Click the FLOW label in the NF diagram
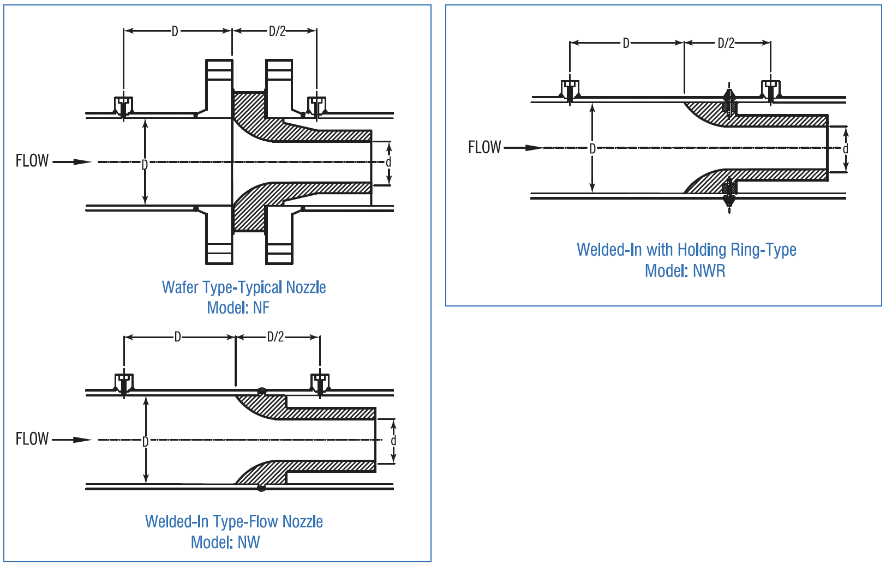(32, 161)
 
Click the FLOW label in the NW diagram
(32, 439)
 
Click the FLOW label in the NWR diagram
(484, 147)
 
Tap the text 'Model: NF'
(238, 308)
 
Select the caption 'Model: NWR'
(685, 271)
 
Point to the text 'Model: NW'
(225, 543)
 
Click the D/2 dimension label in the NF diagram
(277, 31)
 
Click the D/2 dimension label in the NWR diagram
(726, 43)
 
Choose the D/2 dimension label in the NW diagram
(276, 337)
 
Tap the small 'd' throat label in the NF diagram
(388, 163)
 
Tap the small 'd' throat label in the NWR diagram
(845, 149)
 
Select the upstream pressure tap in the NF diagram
(124, 106)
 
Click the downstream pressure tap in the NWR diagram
(770, 91)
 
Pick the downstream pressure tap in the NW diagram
(320, 383)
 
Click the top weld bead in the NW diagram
(262, 390)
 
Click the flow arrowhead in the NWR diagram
(534, 148)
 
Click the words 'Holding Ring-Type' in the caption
(737, 250)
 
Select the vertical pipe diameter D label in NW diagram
(146, 441)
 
